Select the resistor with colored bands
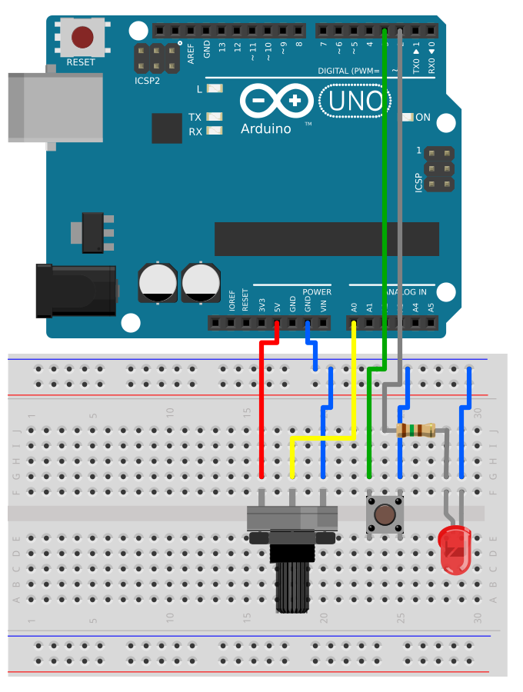415,431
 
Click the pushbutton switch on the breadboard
385,514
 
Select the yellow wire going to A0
323,438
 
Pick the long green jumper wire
384,192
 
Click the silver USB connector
54,108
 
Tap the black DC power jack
77,290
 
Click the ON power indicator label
423,118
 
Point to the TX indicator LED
215,117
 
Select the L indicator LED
215,88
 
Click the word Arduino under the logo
265,129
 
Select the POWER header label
316,292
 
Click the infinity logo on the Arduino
277,101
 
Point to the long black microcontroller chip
326,239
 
